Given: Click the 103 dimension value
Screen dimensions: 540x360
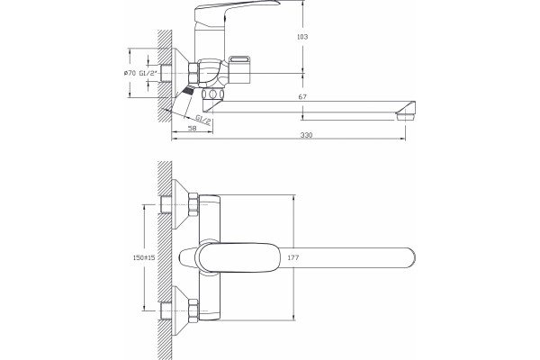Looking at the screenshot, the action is click(302, 37).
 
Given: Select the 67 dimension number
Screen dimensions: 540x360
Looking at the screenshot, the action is click(302, 97).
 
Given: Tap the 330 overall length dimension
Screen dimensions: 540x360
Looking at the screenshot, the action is click(306, 135).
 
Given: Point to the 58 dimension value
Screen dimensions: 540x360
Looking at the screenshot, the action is click(193, 128).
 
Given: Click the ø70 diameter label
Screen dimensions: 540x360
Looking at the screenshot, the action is click(130, 73).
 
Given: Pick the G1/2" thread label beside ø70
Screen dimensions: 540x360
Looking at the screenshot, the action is click(148, 73).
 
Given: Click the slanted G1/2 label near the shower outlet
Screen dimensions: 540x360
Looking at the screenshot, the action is click(203, 120).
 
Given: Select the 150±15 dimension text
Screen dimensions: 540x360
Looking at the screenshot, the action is click(144, 257).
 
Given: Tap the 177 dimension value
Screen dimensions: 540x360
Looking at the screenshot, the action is click(292, 257).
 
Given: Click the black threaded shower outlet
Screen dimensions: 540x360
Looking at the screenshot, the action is click(188, 90).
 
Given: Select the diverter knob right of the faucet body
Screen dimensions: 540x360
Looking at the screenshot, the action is click(240, 69).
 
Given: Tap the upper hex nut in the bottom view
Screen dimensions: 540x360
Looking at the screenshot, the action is click(193, 204).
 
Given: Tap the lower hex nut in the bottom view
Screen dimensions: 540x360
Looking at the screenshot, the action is click(193, 310).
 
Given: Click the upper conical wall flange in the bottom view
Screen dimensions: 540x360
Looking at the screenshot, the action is click(180, 204).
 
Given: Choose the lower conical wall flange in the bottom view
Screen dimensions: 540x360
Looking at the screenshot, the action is click(180, 310).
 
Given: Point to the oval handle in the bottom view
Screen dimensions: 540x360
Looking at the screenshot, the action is click(237, 257).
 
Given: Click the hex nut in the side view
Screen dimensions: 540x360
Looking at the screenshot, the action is click(193, 73).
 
